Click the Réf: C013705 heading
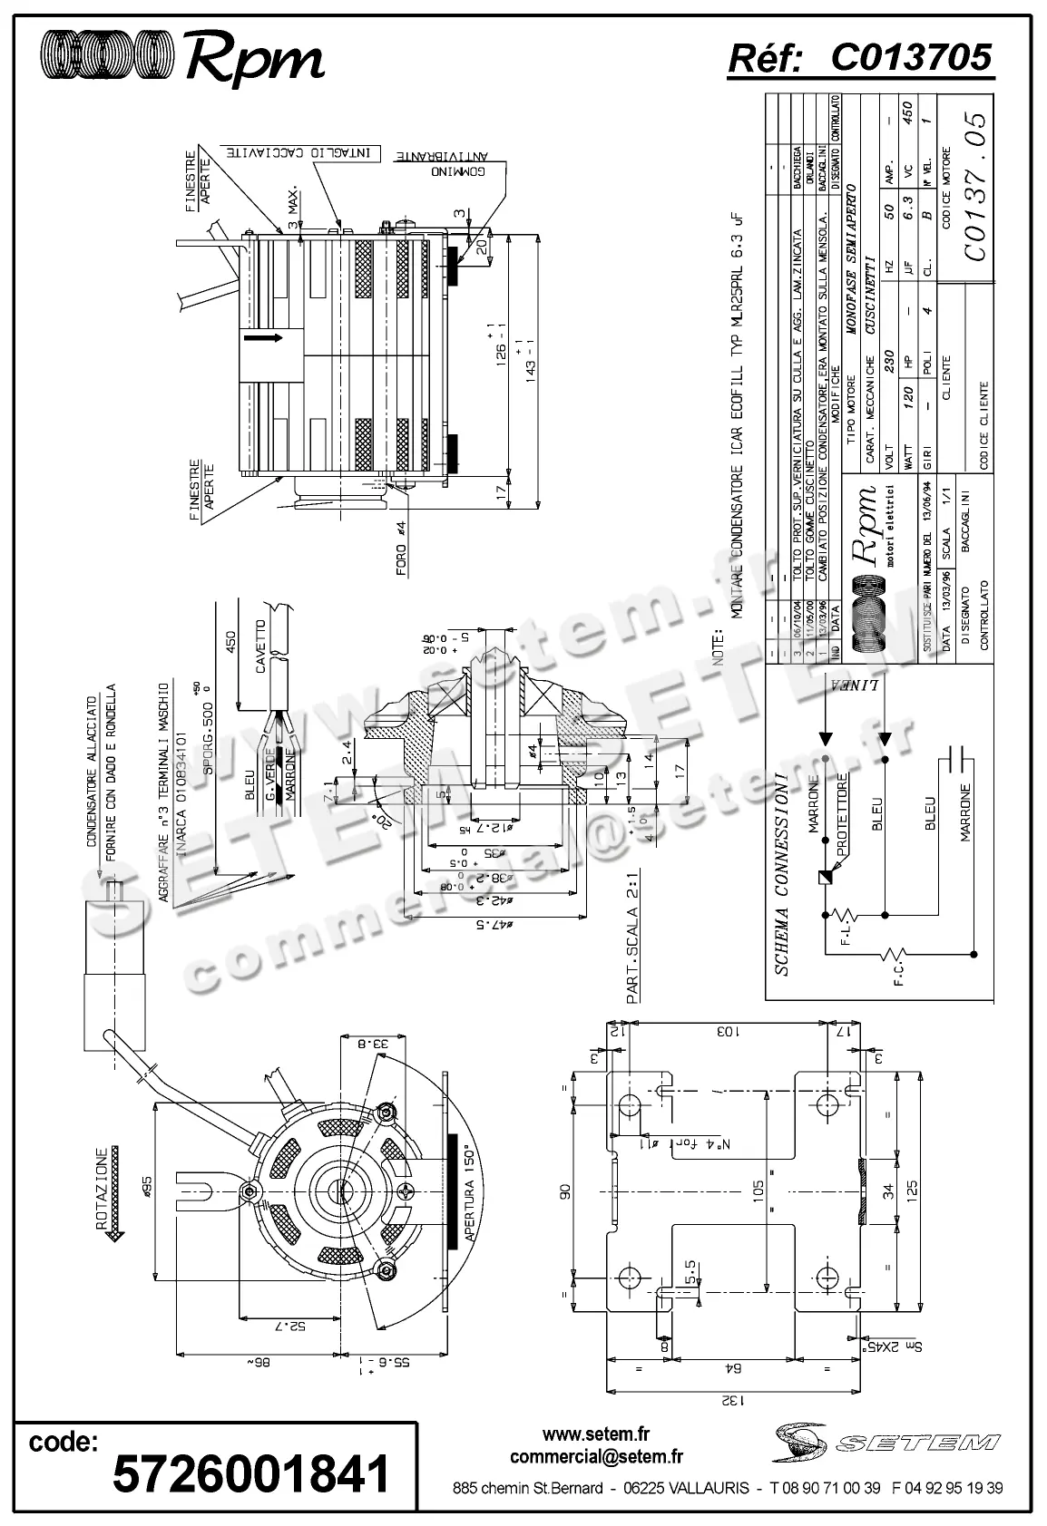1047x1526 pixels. [859, 58]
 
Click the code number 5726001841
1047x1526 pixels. [250, 1473]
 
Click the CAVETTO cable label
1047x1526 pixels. [260, 646]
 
